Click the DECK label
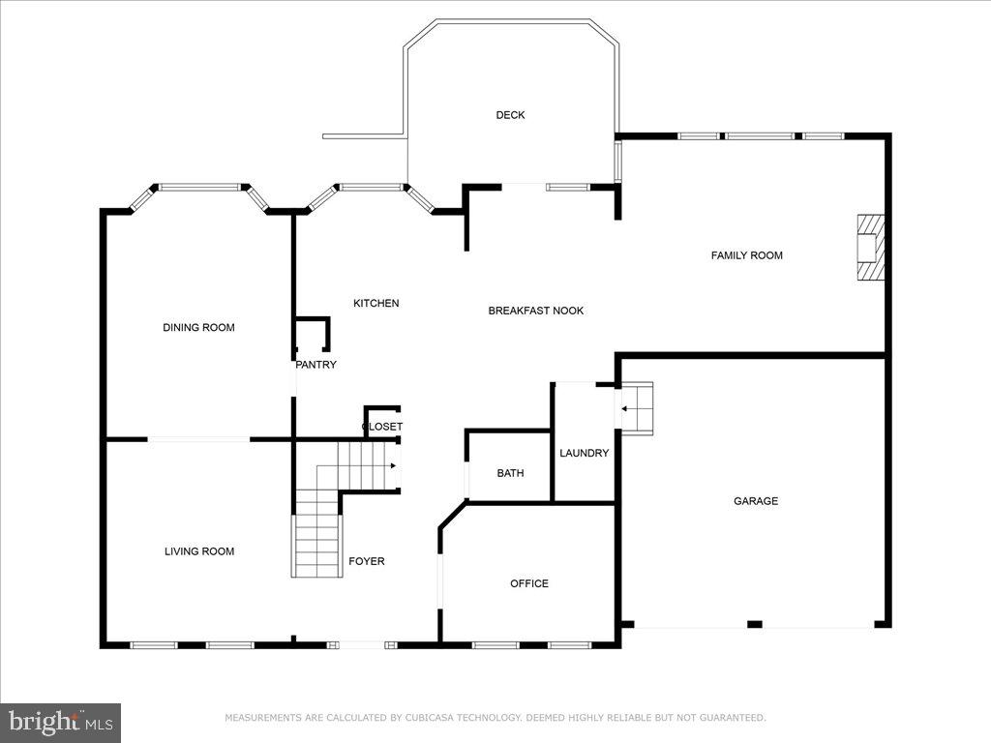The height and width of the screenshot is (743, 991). pyautogui.click(x=510, y=115)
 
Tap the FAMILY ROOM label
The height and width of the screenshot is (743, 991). pyautogui.click(x=746, y=255)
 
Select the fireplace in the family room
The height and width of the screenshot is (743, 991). pyautogui.click(x=869, y=247)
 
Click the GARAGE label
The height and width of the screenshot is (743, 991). pyautogui.click(x=755, y=501)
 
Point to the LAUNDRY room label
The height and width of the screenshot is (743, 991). pyautogui.click(x=584, y=453)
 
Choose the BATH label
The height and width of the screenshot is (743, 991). pyautogui.click(x=510, y=473)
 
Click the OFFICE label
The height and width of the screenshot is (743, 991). pyautogui.click(x=528, y=583)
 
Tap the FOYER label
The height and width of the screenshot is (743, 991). pyautogui.click(x=366, y=561)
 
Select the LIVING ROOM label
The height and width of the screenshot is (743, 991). pyautogui.click(x=198, y=551)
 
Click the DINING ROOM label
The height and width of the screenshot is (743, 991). pyautogui.click(x=198, y=328)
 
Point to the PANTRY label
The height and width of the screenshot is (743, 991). pyautogui.click(x=315, y=365)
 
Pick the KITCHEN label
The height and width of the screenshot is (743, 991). pyautogui.click(x=375, y=304)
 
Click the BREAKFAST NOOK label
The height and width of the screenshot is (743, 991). pyautogui.click(x=535, y=311)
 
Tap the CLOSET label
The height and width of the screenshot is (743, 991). pyautogui.click(x=382, y=427)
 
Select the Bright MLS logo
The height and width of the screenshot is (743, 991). pyautogui.click(x=60, y=722)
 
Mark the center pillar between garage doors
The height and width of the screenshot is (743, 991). pyautogui.click(x=755, y=624)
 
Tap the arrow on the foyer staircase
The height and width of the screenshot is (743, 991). pyautogui.click(x=392, y=465)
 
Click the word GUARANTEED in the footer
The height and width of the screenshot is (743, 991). pyautogui.click(x=732, y=718)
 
